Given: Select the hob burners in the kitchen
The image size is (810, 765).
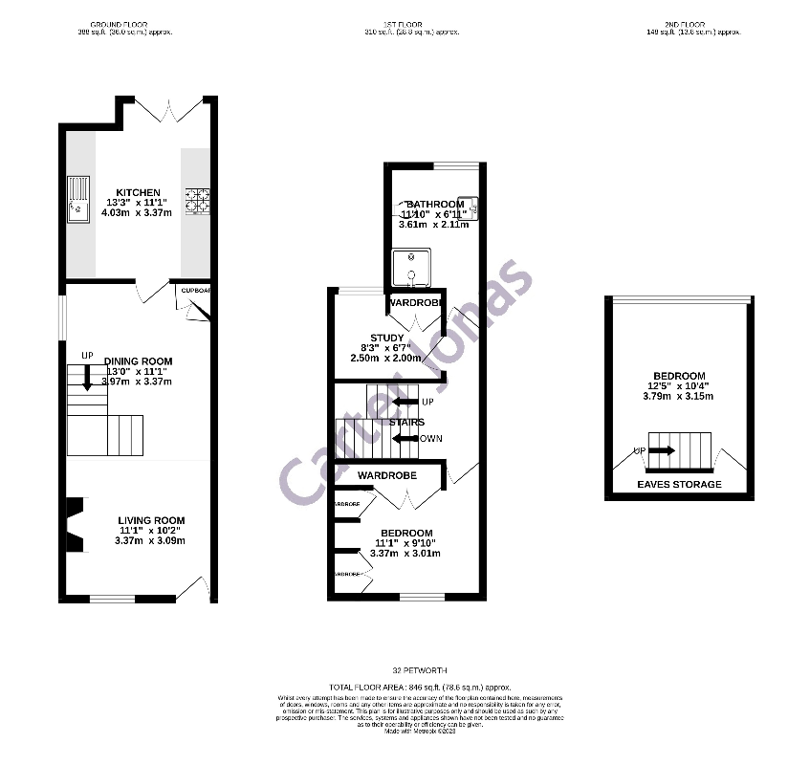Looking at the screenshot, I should (198, 201).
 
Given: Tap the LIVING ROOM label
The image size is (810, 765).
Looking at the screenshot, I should (151, 519).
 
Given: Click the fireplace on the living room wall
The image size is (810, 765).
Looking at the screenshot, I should (73, 526).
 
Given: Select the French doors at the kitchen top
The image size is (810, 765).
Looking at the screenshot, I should (160, 110).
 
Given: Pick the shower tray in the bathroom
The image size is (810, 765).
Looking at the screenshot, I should (412, 269).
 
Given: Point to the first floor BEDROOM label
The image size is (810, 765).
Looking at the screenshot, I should (406, 533).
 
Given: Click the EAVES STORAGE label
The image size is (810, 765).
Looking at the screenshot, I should (679, 485).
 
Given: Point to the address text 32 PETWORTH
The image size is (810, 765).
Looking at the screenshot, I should (420, 671).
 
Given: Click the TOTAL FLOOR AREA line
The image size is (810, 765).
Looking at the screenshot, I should (420, 688).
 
